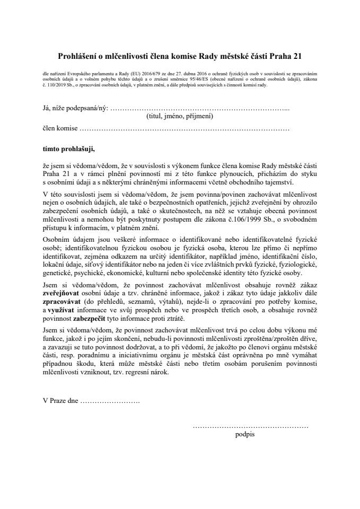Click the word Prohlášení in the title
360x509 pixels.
pyautogui.click(x=78, y=55)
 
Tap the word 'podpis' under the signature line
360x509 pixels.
pyautogui.click(x=244, y=434)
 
